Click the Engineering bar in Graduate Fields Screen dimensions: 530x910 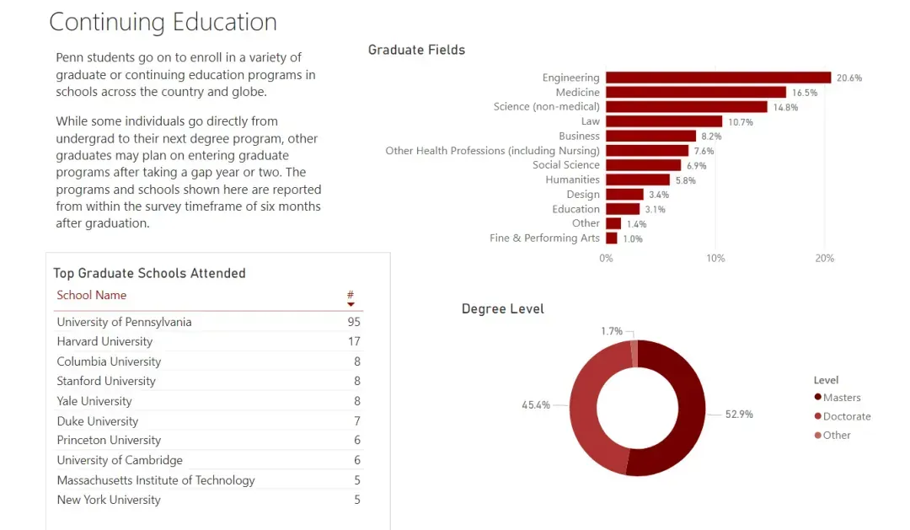pos(718,78)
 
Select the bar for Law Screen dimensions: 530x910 pos(664,121)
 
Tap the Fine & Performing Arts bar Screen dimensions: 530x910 pos(612,238)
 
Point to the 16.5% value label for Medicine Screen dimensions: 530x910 pos(805,93)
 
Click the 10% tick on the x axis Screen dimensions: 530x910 pos(715,258)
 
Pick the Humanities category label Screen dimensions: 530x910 pos(572,179)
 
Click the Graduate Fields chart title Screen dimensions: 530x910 pos(416,50)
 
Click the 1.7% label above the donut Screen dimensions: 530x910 pos(612,331)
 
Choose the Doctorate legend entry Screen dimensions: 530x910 pos(846,416)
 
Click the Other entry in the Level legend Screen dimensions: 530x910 pos(836,435)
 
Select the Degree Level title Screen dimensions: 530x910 pos(502,308)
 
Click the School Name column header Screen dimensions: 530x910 pos(91,295)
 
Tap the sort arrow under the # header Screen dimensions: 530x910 pos(351,304)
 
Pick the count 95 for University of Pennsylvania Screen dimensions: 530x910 pos(353,322)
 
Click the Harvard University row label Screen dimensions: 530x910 pos(104,341)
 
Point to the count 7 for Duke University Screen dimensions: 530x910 pos(357,420)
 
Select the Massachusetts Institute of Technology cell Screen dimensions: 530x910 pos(155,480)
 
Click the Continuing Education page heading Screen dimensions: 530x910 pos(163,22)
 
